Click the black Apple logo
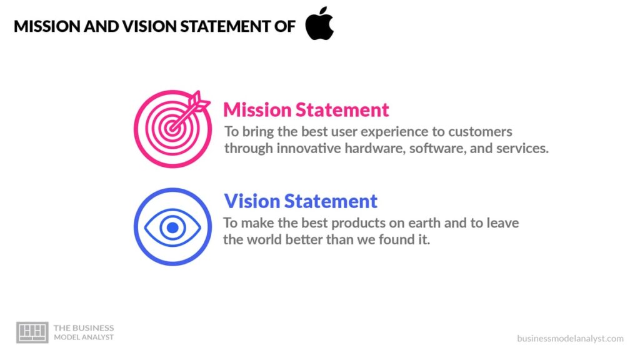319,24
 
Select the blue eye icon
172,227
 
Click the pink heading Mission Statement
306,110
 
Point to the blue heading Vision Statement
301,201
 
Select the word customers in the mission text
481,132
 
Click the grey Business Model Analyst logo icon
32,332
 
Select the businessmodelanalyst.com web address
570,338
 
